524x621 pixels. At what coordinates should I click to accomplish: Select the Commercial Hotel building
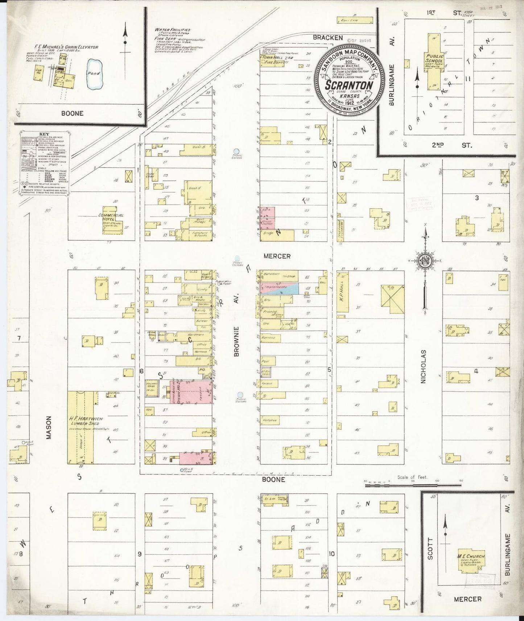[x=111, y=221]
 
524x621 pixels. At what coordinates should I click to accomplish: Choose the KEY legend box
[x=43, y=161]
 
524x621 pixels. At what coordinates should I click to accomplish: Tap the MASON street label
[x=49, y=427]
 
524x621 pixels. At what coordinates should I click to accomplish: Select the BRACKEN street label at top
[x=328, y=37]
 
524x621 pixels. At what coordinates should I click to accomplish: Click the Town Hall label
[x=272, y=58]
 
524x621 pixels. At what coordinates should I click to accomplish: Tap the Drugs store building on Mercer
[x=279, y=236]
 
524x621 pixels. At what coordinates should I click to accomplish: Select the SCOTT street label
[x=430, y=549]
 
